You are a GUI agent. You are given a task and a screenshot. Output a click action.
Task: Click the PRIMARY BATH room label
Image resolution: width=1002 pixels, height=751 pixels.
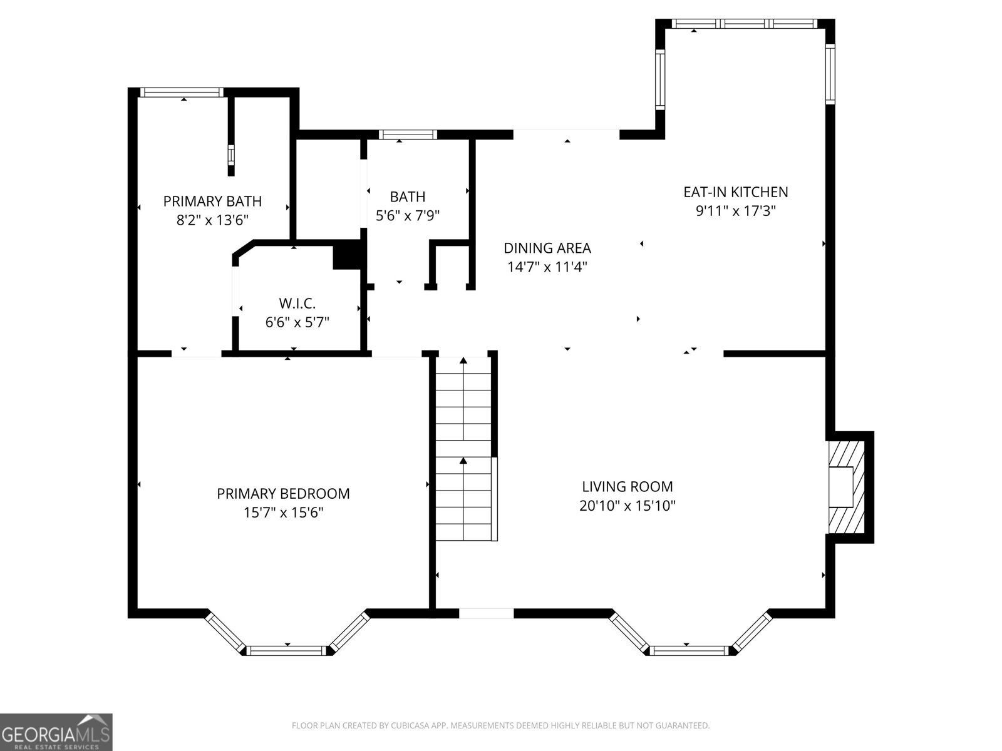point(212,201)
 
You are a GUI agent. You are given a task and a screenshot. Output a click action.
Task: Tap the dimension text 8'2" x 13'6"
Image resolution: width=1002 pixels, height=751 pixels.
point(212,220)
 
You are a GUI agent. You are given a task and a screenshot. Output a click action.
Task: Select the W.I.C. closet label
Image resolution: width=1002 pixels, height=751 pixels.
point(297,304)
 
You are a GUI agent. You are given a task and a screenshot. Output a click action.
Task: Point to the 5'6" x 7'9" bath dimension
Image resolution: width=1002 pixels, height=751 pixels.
point(408,215)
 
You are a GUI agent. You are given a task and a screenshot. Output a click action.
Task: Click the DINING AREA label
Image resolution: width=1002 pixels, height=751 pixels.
point(547,248)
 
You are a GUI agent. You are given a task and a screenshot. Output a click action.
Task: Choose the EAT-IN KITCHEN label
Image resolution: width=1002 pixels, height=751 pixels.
point(735,192)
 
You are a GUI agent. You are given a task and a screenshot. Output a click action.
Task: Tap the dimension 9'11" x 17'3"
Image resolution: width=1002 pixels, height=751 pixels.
point(735,211)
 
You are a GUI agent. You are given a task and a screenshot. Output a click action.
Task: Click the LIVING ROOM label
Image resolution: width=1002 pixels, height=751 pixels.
point(628,486)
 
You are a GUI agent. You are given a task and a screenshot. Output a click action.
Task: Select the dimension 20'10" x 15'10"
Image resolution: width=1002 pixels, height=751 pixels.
point(628,506)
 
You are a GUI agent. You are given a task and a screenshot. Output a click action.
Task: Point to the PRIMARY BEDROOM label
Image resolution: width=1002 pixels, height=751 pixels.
point(283,493)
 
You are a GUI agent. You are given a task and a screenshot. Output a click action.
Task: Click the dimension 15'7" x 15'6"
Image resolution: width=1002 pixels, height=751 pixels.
point(283,513)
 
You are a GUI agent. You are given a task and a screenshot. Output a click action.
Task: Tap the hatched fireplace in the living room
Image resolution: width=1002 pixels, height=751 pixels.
point(847,487)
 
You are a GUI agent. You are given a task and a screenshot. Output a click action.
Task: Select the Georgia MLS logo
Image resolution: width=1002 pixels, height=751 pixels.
point(56,732)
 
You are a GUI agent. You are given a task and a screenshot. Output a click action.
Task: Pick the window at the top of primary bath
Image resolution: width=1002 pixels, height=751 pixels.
point(182,93)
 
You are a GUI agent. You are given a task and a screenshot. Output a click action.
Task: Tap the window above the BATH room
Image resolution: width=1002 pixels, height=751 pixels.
point(408,135)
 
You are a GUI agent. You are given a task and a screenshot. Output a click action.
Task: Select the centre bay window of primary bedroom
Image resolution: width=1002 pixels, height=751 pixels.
point(287,651)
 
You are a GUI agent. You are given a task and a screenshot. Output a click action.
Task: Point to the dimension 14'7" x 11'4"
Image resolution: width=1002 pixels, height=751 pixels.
point(547,267)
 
